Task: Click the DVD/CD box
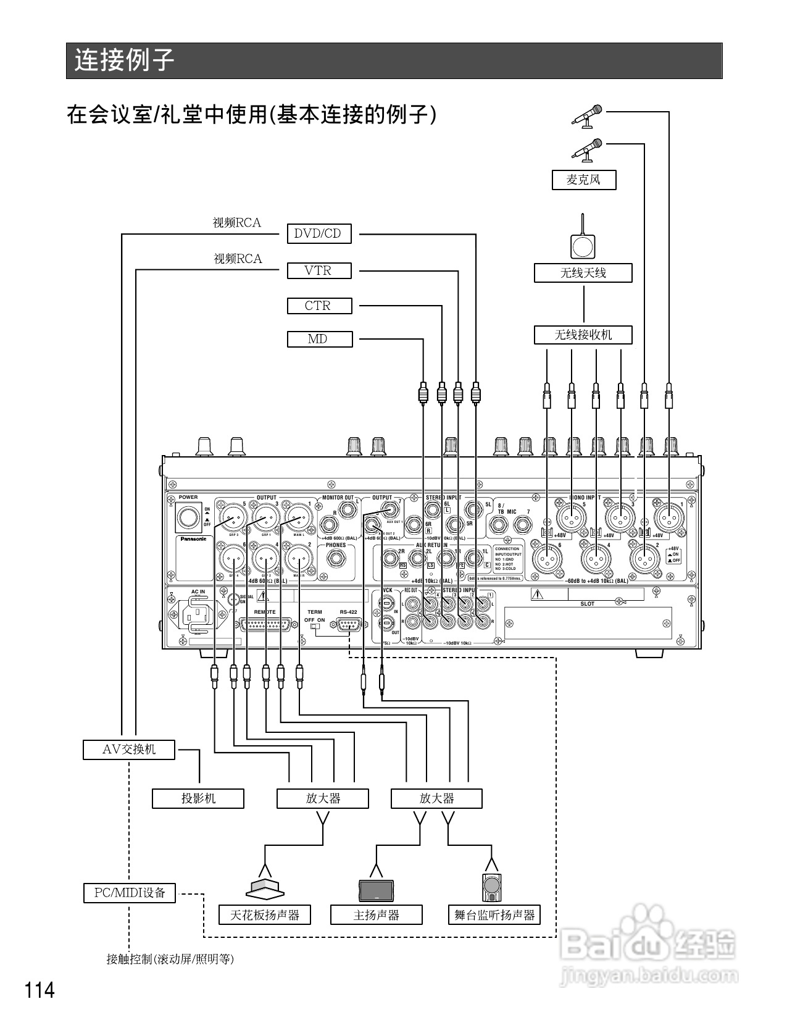(319, 233)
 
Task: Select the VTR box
(319, 270)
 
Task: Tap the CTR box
(319, 306)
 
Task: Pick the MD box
(319, 339)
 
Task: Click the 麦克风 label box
(583, 180)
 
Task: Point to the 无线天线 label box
(583, 273)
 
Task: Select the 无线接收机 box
(583, 335)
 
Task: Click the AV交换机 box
(129, 750)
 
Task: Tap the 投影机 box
(198, 798)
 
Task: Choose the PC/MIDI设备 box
(130, 893)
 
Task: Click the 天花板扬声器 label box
(265, 915)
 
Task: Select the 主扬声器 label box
(376, 915)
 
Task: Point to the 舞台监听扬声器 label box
(494, 915)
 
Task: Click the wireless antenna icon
(583, 241)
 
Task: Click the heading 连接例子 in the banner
(124, 61)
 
